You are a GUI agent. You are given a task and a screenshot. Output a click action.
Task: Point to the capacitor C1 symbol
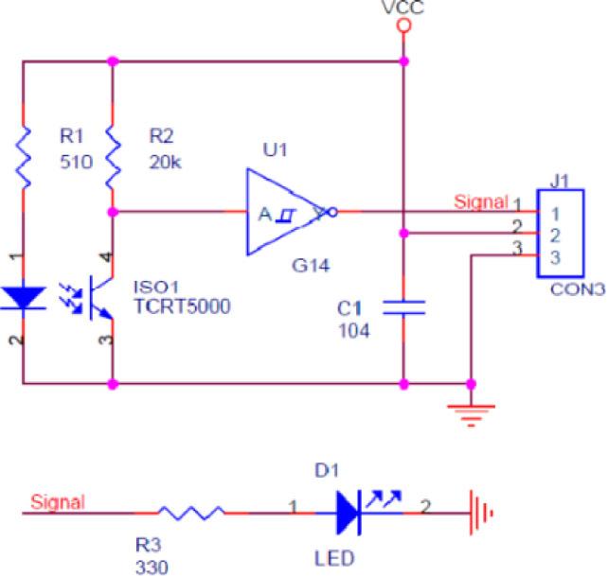(404, 306)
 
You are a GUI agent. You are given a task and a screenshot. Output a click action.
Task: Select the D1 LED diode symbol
(349, 512)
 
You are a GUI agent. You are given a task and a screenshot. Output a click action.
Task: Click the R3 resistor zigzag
(191, 512)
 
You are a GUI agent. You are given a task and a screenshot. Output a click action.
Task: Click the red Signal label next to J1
(481, 201)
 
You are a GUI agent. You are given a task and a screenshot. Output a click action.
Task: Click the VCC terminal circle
(404, 26)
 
